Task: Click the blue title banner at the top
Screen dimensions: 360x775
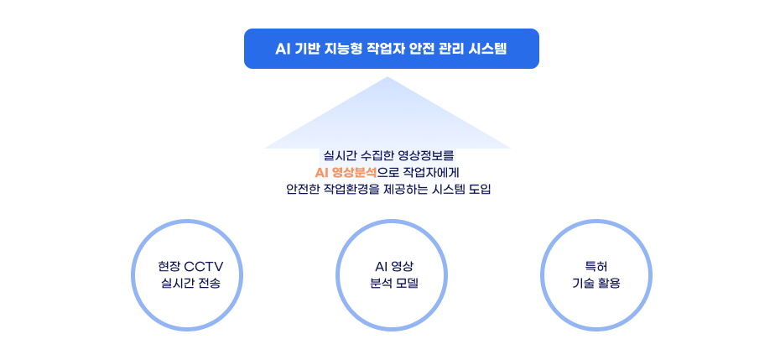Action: (391, 49)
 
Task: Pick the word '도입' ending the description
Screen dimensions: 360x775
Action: (477, 190)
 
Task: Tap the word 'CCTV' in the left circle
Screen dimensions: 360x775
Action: (204, 267)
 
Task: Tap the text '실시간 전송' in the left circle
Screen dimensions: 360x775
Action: (190, 284)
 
